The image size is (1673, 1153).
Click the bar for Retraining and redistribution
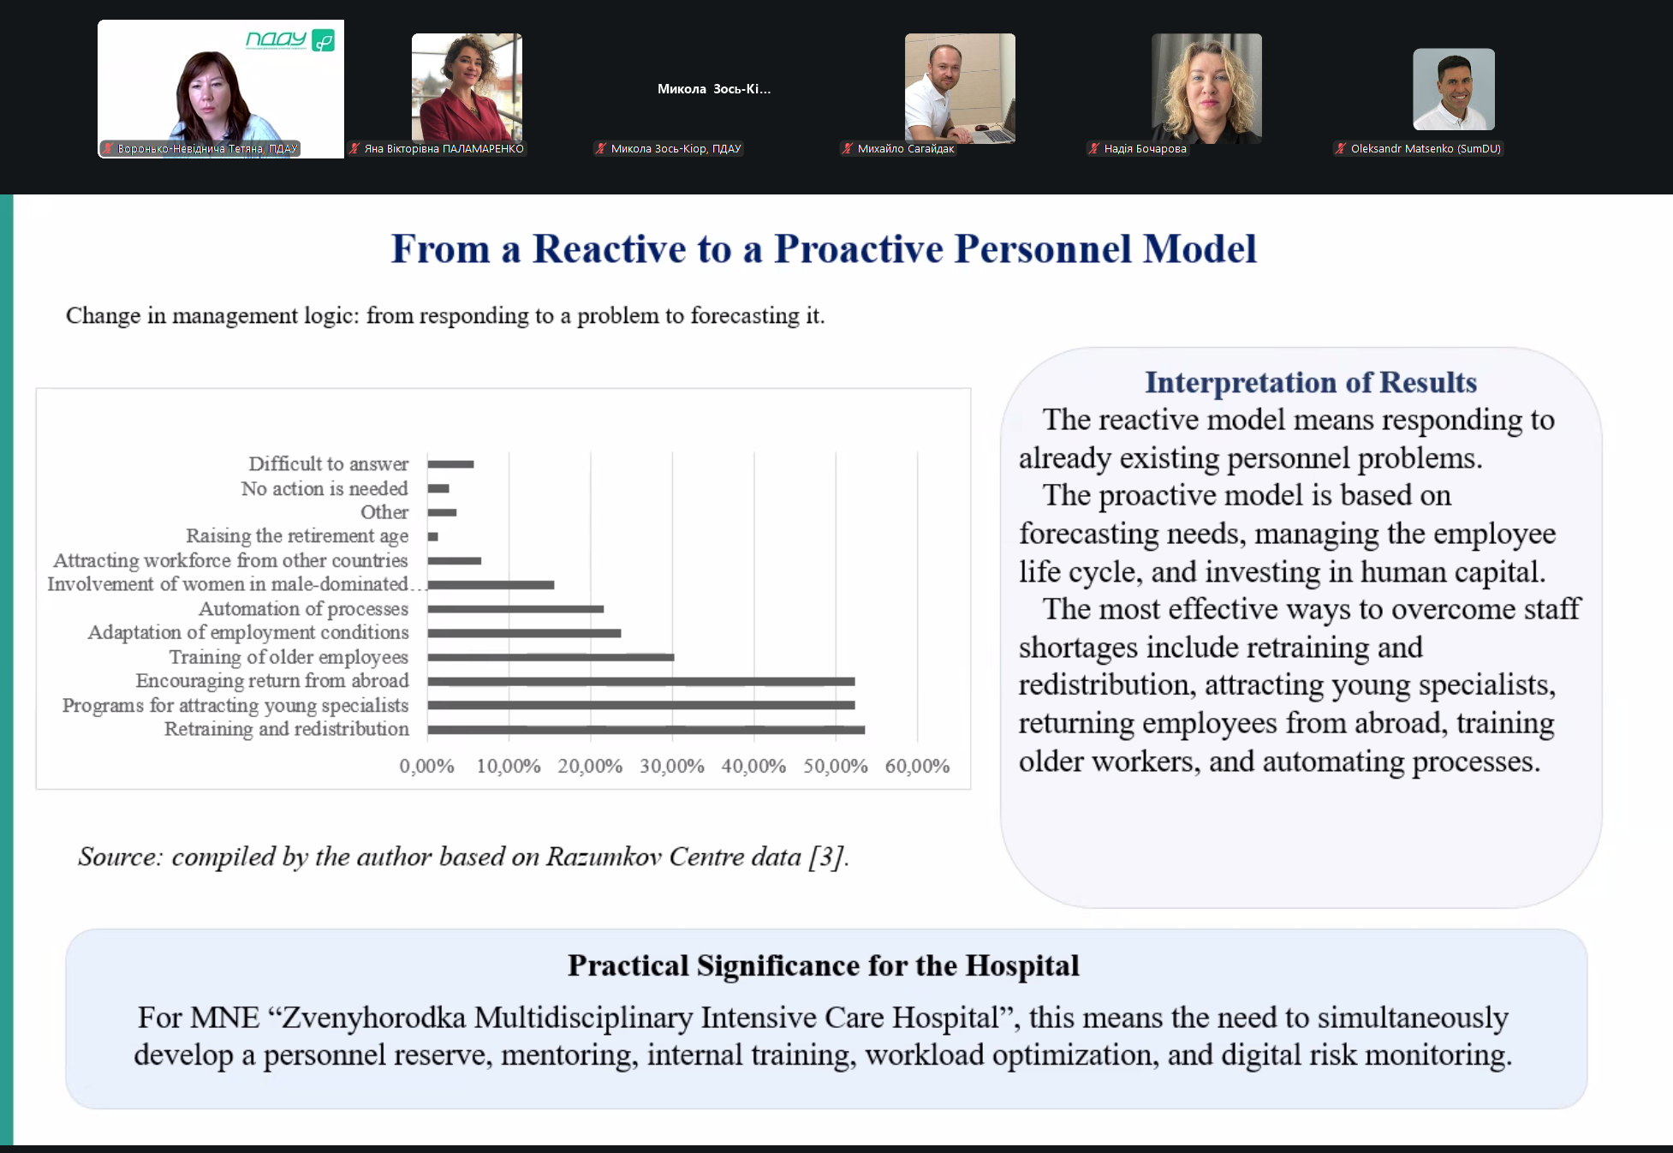[x=646, y=730]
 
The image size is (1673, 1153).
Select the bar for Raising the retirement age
[x=433, y=537]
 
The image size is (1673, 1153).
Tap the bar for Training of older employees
[x=551, y=658]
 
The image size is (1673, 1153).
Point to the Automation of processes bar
[x=516, y=609]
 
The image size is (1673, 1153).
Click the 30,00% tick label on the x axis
[x=672, y=766]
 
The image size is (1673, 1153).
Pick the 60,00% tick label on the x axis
[x=917, y=766]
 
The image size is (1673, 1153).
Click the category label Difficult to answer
[x=329, y=464]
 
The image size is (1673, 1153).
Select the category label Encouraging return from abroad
[x=272, y=681]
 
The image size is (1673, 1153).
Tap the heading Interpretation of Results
[x=1311, y=382]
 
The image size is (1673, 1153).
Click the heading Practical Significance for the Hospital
[x=824, y=965]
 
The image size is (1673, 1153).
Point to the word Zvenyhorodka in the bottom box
[x=374, y=1018]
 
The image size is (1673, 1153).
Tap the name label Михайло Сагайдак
[x=906, y=149]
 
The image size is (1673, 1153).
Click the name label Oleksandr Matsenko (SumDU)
[x=1426, y=149]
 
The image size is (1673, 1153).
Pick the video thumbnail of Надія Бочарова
[x=1206, y=87]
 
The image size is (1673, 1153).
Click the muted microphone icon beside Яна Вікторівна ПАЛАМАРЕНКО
[x=354, y=149]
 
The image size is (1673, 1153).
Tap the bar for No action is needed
[x=438, y=489]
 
